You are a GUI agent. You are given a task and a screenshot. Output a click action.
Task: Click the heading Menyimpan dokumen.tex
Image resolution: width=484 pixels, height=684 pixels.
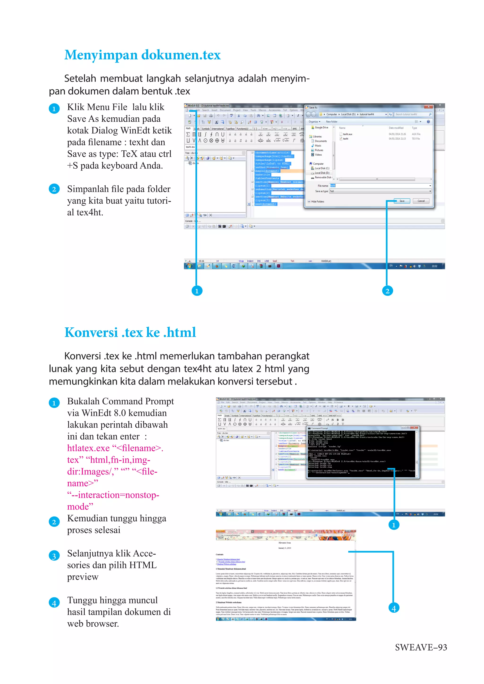point(143,55)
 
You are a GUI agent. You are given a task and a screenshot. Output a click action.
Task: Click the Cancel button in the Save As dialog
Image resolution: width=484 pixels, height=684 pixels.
point(421,201)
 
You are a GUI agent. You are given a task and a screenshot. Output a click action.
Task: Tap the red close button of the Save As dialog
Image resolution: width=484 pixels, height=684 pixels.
point(428,107)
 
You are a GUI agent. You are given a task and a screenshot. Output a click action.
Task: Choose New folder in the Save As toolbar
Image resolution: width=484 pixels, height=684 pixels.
point(331,122)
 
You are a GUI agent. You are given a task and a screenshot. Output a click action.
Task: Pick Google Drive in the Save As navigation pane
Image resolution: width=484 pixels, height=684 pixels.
point(321,128)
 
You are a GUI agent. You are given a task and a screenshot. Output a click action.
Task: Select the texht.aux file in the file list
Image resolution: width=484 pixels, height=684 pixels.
point(347,134)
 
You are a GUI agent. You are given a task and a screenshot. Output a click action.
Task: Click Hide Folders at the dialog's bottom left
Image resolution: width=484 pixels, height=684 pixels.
point(317,202)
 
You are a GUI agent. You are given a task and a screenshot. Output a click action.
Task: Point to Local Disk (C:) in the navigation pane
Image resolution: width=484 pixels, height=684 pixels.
point(322,168)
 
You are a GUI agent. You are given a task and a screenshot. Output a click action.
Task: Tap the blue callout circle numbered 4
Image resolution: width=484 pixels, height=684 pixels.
point(393,608)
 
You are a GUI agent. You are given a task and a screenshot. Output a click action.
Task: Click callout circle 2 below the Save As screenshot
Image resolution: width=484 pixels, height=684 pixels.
point(387,291)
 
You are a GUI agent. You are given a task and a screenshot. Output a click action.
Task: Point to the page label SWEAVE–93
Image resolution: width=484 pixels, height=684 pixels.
point(420,647)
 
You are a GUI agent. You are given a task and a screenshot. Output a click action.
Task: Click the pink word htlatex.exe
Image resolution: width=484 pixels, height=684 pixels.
point(88,448)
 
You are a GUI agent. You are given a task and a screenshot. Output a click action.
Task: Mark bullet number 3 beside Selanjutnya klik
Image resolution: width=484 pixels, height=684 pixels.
point(54,556)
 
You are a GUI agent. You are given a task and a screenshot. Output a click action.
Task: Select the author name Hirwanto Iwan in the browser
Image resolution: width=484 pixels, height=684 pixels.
point(284,543)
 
